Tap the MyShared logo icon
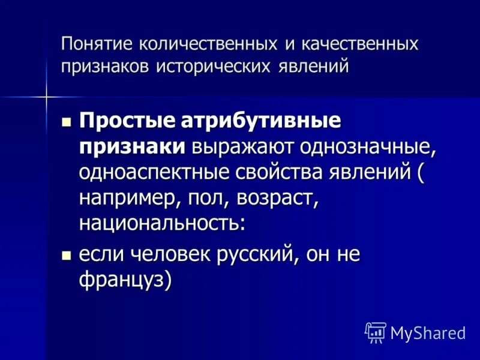pos(376,332)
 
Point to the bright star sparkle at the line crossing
pos(46,96)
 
